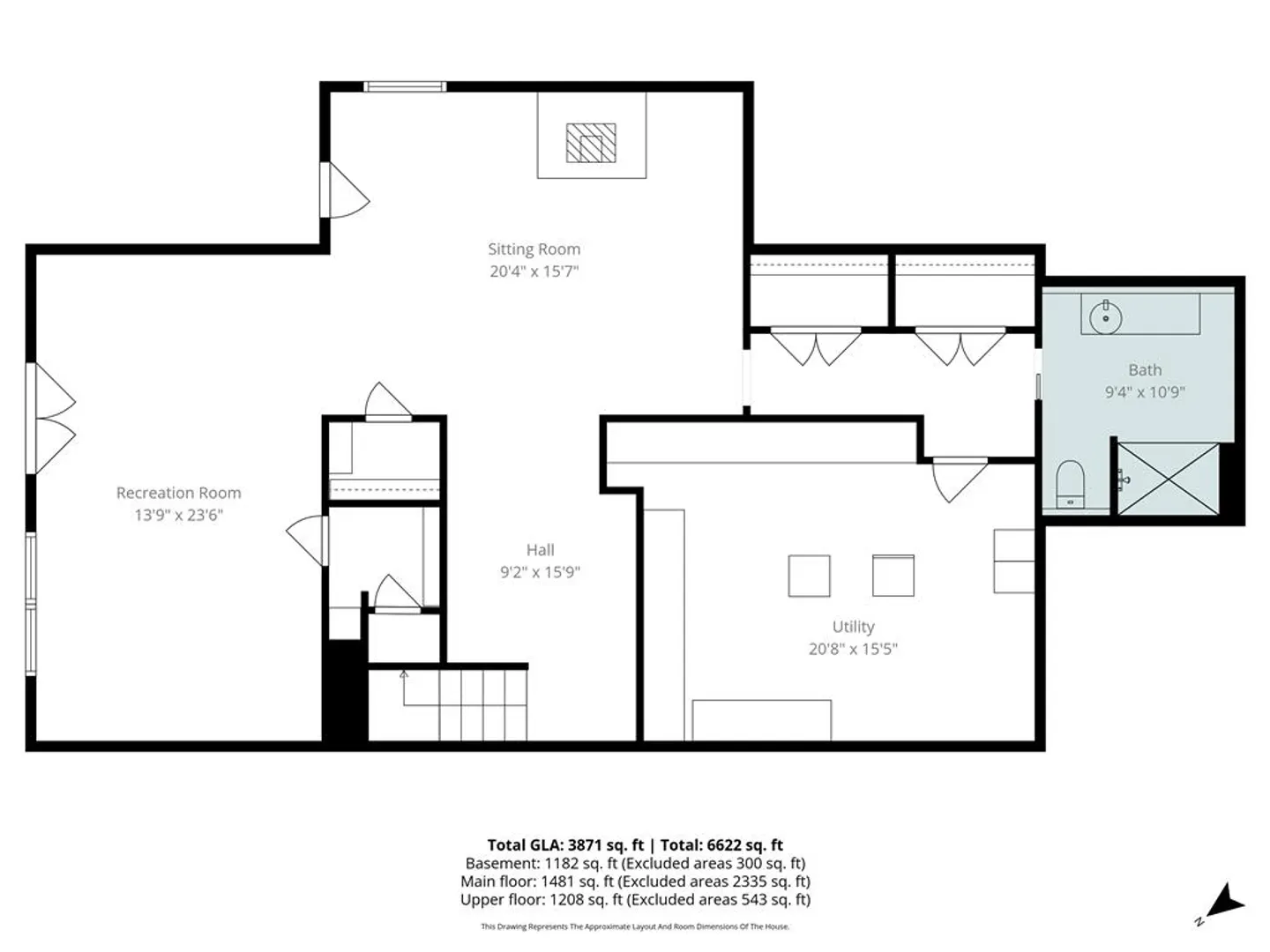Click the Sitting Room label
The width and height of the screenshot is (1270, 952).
pyautogui.click(x=534, y=249)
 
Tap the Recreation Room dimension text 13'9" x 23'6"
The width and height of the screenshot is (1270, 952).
pyautogui.click(x=178, y=515)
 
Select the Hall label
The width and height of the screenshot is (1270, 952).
pyautogui.click(x=540, y=550)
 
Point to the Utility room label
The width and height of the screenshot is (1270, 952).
pyautogui.click(x=853, y=627)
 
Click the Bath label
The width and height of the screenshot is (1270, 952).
pyautogui.click(x=1145, y=370)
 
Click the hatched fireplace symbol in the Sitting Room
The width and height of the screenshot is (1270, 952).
pyautogui.click(x=591, y=143)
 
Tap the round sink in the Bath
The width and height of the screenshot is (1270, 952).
pyautogui.click(x=1106, y=317)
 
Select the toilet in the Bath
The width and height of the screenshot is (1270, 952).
pyautogui.click(x=1070, y=485)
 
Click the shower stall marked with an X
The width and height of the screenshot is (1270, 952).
pyautogui.click(x=1168, y=480)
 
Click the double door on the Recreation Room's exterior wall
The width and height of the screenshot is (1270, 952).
pyautogui.click(x=51, y=419)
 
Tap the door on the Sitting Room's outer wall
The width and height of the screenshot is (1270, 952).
pyautogui.click(x=345, y=190)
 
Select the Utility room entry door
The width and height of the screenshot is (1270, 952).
pyautogui.click(x=960, y=480)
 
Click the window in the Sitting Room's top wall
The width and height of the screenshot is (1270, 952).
pyautogui.click(x=405, y=86)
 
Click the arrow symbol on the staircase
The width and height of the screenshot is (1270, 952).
pyautogui.click(x=404, y=688)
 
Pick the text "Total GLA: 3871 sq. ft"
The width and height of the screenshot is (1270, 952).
pyautogui.click(x=565, y=845)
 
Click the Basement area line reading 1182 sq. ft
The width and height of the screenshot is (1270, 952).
pyautogui.click(x=635, y=864)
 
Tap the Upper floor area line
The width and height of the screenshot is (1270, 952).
pyautogui.click(x=635, y=899)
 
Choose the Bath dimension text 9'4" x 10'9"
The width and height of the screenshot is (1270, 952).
pyautogui.click(x=1145, y=392)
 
